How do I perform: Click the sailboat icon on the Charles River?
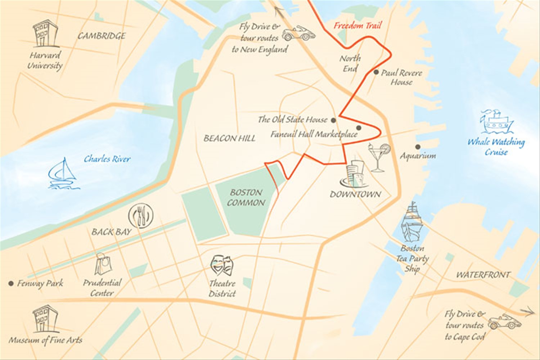click(x=63, y=174)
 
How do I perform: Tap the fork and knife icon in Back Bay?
click(x=141, y=216)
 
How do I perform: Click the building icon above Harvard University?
click(x=45, y=34)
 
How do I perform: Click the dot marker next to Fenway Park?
click(x=11, y=283)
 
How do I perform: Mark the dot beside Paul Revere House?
click(x=376, y=72)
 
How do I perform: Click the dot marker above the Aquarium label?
click(x=418, y=147)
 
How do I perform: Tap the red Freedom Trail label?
click(x=357, y=26)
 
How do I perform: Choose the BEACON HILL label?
click(x=229, y=138)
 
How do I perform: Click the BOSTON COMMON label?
click(x=246, y=198)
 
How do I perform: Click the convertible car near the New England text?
click(x=298, y=33)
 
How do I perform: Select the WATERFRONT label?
click(x=483, y=275)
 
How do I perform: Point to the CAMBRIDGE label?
click(x=102, y=36)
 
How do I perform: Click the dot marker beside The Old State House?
click(x=333, y=120)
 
